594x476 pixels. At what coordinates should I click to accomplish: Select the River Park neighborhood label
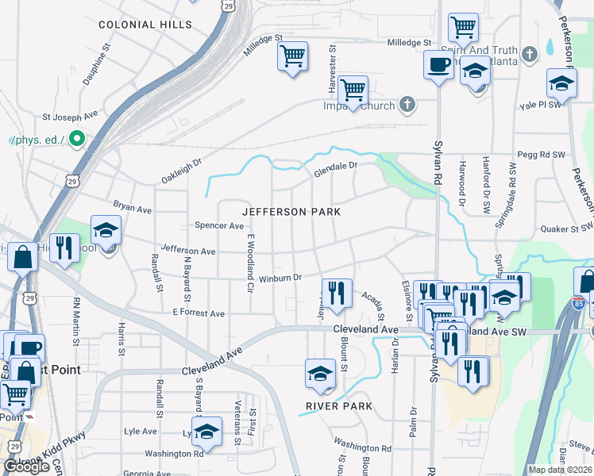(339, 405)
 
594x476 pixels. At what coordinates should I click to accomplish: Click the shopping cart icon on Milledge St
(292, 56)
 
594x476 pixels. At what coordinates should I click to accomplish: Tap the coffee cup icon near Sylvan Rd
(438, 64)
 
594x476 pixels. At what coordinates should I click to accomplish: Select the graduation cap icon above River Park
(319, 373)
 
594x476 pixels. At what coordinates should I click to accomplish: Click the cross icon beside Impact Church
(407, 104)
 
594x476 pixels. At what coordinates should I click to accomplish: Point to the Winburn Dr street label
(280, 278)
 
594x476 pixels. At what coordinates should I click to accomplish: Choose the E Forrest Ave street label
(199, 314)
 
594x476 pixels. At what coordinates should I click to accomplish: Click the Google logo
(26, 466)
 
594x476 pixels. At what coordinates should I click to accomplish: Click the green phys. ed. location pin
(77, 140)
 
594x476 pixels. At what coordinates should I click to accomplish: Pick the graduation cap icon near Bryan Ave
(105, 230)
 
